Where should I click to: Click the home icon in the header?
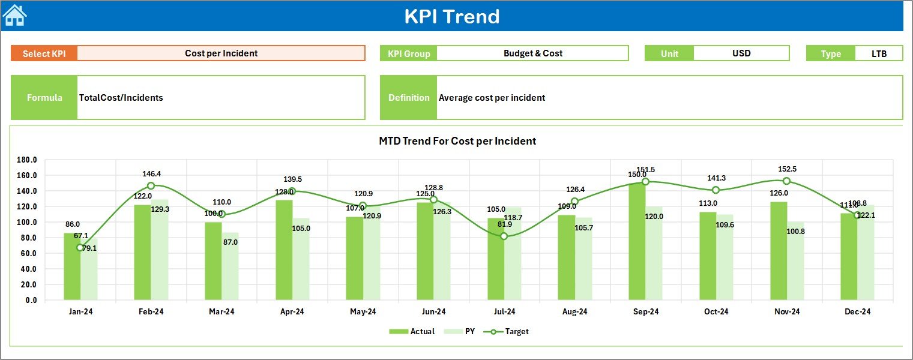tap(15, 16)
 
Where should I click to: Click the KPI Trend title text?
tap(451, 16)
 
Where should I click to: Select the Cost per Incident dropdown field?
tap(221, 53)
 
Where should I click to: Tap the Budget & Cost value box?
tap(532, 53)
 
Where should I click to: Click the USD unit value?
tap(741, 53)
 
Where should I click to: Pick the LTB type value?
tap(879, 53)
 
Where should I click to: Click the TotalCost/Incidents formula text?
tap(121, 98)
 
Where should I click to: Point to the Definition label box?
tap(409, 98)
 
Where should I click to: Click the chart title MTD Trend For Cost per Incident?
tap(457, 141)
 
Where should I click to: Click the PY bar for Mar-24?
tap(230, 266)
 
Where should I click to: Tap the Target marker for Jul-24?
tap(504, 236)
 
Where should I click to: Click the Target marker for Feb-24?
tap(151, 186)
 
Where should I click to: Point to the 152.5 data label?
tap(786, 169)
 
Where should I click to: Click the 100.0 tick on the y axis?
tap(27, 222)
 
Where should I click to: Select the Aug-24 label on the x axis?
tap(574, 312)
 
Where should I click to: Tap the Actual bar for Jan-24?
tap(72, 266)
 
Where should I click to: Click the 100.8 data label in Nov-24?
tap(795, 232)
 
